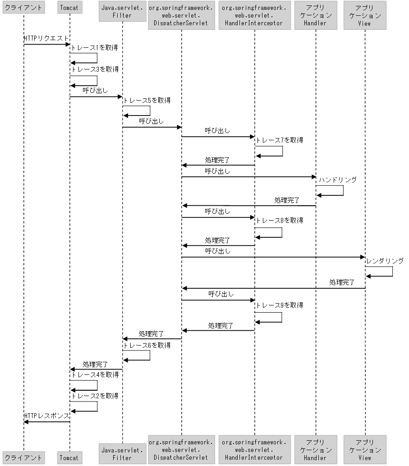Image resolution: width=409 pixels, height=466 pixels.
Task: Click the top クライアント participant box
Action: click(x=23, y=8)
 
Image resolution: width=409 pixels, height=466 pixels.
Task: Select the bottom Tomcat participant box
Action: click(x=70, y=457)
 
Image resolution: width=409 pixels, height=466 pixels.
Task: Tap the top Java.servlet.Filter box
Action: click(x=122, y=12)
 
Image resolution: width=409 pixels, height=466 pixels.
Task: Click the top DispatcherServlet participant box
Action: click(x=181, y=15)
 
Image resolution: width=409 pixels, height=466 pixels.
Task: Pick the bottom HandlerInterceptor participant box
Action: click(x=254, y=450)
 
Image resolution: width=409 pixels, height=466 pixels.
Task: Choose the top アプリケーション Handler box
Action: click(x=316, y=15)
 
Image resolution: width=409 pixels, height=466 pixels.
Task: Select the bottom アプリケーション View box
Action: click(x=365, y=450)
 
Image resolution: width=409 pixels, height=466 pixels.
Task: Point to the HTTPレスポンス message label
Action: click(x=46, y=415)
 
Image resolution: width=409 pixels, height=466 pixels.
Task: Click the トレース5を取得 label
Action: click(x=147, y=101)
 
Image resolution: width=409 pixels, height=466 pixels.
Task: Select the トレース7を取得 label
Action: click(x=280, y=140)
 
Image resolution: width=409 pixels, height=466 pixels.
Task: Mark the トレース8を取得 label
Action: click(x=280, y=221)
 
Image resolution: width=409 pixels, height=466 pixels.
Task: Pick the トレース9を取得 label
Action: click(x=280, y=305)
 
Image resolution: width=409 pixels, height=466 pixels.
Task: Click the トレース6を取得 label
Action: click(x=147, y=346)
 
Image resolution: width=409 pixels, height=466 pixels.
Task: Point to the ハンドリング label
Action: click(x=337, y=180)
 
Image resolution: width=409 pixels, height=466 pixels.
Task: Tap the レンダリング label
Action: click(x=385, y=261)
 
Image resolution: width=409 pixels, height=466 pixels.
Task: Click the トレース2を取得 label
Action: click(x=95, y=396)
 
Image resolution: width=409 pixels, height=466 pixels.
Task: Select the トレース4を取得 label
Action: click(x=95, y=375)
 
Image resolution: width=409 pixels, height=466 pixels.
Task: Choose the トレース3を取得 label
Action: click(x=95, y=69)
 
